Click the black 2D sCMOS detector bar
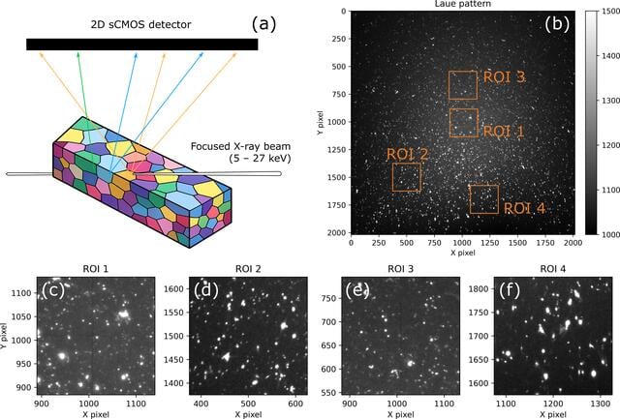tap(142, 45)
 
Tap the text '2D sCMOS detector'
tap(140, 24)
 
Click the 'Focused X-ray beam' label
tap(240, 146)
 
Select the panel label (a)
tap(263, 24)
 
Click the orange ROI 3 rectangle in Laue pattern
tap(463, 72)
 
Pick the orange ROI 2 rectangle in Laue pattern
tap(407, 164)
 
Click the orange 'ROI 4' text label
tap(524, 208)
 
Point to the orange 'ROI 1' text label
tap(504, 131)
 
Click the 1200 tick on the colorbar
tap(610, 145)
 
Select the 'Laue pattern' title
tap(463, 4)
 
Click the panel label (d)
tap(206, 290)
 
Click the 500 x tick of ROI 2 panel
tap(248, 404)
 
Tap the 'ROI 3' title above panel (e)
tap(400, 269)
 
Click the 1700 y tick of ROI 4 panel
tap(479, 336)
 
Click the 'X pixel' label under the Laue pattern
tap(463, 253)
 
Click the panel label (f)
tap(510, 290)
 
